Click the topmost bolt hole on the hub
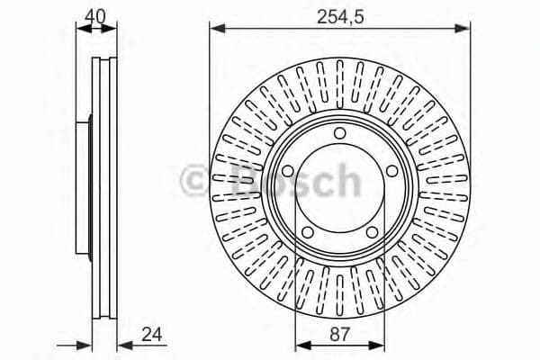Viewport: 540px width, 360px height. (x=339, y=134)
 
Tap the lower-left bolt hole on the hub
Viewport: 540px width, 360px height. (x=308, y=232)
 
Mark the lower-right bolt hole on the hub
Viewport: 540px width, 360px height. (x=372, y=232)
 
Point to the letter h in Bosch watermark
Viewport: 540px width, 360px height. (x=345, y=180)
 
